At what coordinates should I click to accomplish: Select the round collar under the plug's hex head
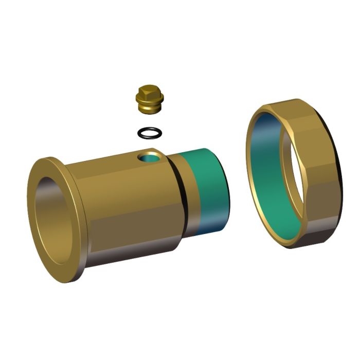(x=150, y=101)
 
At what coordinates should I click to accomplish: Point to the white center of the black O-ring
(x=150, y=133)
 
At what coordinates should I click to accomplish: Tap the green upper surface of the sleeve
(x=206, y=170)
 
